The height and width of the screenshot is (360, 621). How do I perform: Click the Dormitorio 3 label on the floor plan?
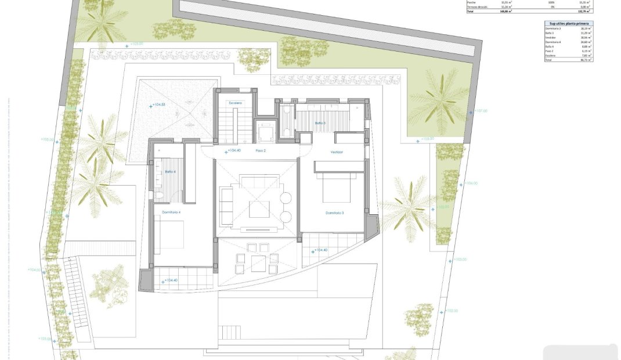click(x=334, y=213)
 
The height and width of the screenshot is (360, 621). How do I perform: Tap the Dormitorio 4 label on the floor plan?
click(x=171, y=213)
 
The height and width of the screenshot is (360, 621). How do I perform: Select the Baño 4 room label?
click(x=170, y=171)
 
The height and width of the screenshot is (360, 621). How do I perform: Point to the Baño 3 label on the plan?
click(x=320, y=123)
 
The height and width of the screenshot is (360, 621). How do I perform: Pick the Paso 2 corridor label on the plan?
click(x=261, y=151)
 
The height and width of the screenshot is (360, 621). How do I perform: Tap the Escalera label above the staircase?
click(x=235, y=103)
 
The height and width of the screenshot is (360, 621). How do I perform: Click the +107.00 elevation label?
click(x=481, y=110)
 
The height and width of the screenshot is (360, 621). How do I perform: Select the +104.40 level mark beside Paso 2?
click(x=233, y=151)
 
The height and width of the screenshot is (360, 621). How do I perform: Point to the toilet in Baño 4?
click(x=158, y=195)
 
